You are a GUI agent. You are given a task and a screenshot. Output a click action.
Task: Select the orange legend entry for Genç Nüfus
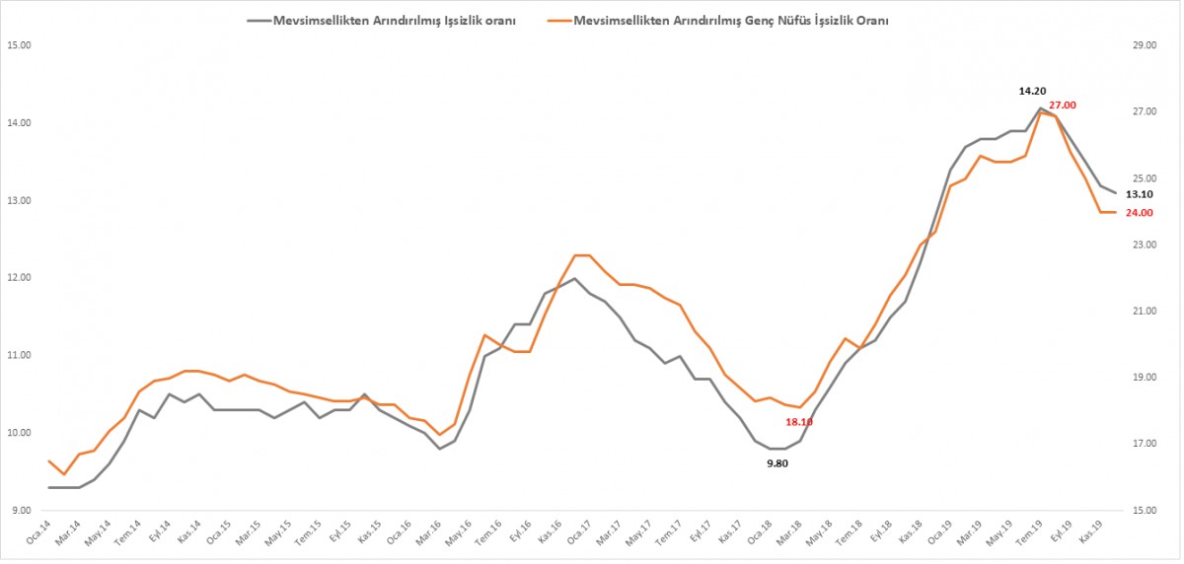coord(730,19)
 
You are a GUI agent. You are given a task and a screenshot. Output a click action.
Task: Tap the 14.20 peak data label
coord(1033,91)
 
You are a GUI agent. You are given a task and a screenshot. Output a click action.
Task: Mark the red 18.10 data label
coord(799,422)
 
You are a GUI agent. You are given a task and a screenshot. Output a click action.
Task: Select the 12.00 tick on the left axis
coord(21,278)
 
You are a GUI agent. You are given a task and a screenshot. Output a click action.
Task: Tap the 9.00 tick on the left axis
coord(21,511)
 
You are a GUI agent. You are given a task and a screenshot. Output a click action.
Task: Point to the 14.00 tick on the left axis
coord(21,123)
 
